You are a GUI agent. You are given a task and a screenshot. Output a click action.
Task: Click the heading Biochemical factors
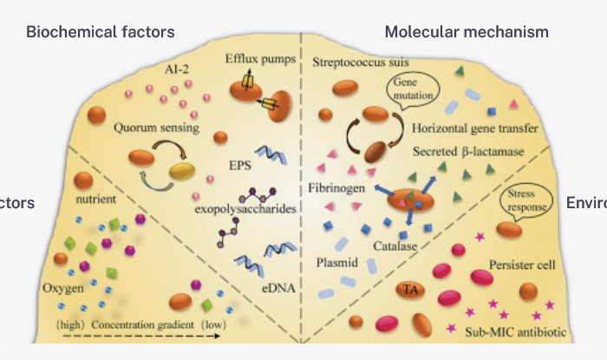[x=101, y=32]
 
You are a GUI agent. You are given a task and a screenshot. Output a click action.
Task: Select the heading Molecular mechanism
[x=467, y=32]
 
